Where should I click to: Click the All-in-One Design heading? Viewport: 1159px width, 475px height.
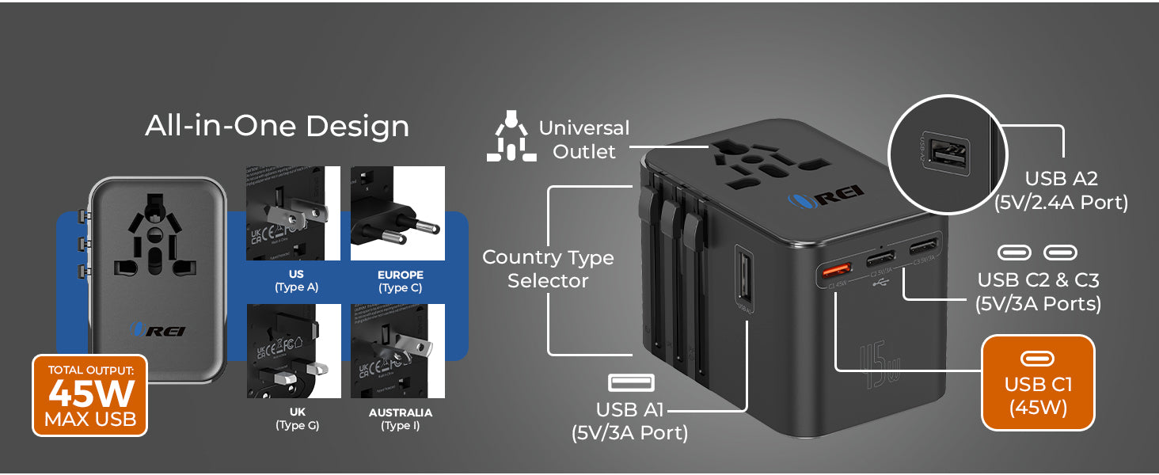(277, 127)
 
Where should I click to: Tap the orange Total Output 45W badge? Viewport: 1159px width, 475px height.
(89, 394)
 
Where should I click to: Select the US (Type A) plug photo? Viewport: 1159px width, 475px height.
(293, 213)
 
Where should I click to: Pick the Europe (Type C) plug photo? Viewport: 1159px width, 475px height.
(397, 213)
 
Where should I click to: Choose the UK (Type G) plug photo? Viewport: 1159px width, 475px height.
(293, 351)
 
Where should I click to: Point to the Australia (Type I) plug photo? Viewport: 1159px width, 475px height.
(397, 351)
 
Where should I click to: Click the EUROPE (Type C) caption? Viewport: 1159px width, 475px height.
(400, 282)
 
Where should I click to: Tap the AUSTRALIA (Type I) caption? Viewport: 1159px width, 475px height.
(400, 419)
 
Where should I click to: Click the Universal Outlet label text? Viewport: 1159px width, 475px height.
(584, 139)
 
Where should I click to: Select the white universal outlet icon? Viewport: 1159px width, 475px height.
(511, 136)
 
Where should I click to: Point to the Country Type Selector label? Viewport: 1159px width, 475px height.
(548, 269)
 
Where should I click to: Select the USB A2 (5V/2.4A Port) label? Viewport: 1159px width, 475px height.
(1061, 191)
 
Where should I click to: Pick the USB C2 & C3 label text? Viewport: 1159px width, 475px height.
(1038, 291)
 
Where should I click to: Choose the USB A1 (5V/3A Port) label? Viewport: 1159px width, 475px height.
(630, 421)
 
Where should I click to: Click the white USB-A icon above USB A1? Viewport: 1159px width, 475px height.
(631, 383)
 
